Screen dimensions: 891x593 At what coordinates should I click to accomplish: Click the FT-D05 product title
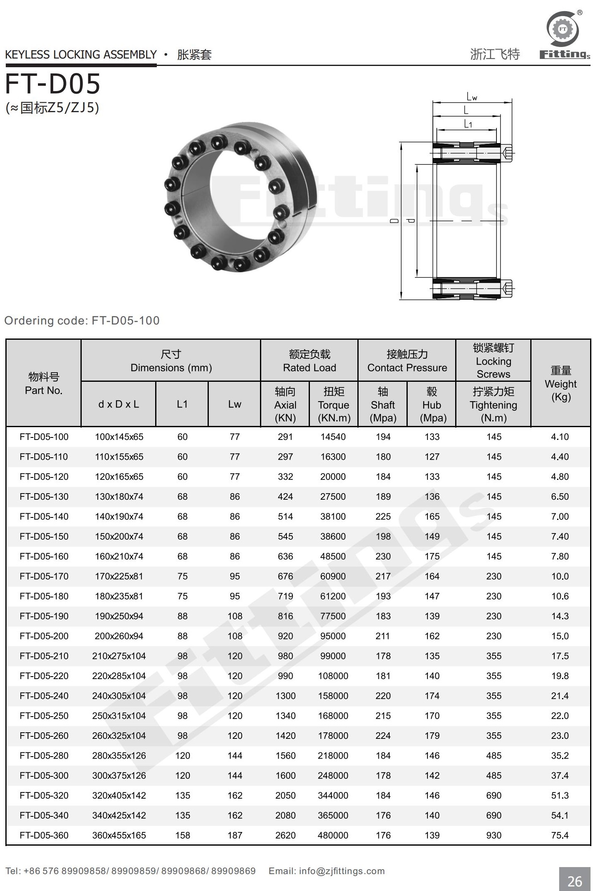53,84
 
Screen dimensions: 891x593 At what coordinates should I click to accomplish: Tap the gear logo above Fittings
562,29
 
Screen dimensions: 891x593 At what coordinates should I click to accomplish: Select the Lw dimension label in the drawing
472,97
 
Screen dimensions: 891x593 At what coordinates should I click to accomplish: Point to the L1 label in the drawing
468,124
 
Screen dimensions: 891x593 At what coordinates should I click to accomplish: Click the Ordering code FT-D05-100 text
82,320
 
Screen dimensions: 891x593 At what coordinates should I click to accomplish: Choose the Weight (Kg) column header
560,383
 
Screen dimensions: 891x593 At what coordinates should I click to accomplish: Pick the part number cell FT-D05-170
44,576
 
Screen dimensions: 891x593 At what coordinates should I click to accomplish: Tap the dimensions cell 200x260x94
119,636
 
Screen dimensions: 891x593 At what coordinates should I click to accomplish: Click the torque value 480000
333,835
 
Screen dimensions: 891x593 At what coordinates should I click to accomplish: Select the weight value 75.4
560,835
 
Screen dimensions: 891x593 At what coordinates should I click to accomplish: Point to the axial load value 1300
286,696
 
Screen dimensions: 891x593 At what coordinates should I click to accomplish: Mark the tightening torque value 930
494,835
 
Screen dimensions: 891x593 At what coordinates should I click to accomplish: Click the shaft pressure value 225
383,516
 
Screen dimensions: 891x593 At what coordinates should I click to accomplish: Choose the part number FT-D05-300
44,775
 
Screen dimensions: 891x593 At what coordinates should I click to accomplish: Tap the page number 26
574,881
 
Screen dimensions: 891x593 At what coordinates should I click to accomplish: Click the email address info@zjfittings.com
342,871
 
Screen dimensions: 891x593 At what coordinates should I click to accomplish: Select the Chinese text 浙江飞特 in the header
495,54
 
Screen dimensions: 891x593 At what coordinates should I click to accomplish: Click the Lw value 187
235,835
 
